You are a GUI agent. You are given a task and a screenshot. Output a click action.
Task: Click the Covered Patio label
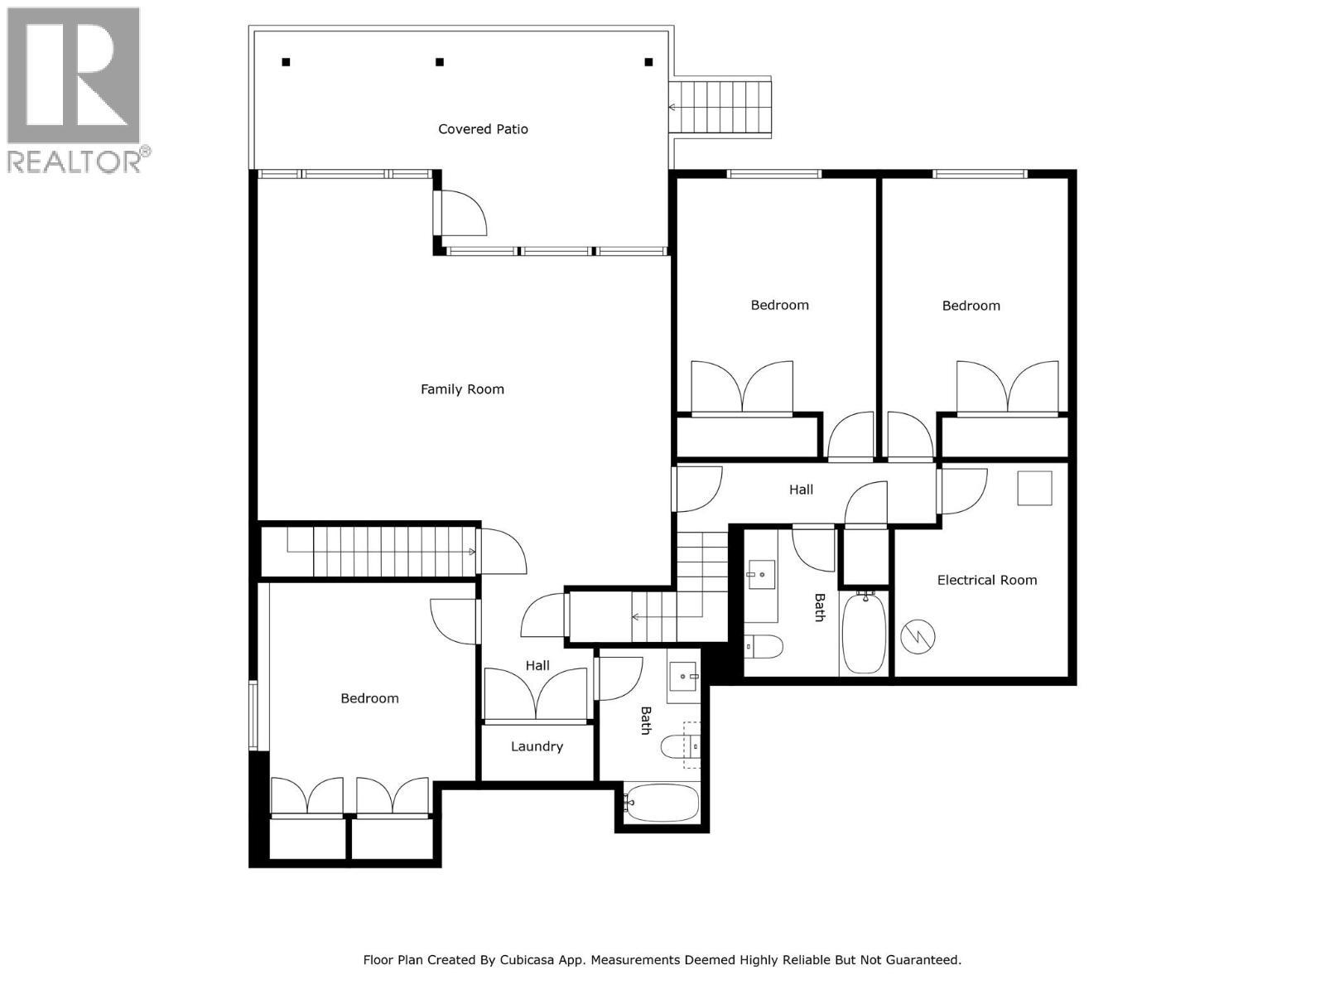click(483, 129)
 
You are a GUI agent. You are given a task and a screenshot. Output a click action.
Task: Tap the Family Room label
click(462, 389)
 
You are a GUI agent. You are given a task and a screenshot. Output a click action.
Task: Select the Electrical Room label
click(986, 580)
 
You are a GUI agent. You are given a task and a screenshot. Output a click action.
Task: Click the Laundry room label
click(537, 746)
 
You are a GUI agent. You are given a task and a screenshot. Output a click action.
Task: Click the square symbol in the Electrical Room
click(1034, 488)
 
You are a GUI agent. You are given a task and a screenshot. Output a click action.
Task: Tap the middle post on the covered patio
click(440, 62)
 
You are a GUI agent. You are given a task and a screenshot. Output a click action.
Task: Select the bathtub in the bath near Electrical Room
click(865, 632)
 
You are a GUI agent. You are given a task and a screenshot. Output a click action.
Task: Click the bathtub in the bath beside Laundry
click(662, 803)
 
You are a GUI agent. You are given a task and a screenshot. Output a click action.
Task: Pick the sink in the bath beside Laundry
click(684, 677)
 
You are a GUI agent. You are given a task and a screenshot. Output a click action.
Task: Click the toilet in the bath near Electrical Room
click(764, 646)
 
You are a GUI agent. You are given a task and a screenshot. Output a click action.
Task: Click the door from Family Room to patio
click(458, 213)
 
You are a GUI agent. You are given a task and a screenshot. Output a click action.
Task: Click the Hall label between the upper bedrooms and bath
click(801, 490)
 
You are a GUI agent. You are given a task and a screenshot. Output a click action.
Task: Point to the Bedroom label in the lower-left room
click(369, 698)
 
